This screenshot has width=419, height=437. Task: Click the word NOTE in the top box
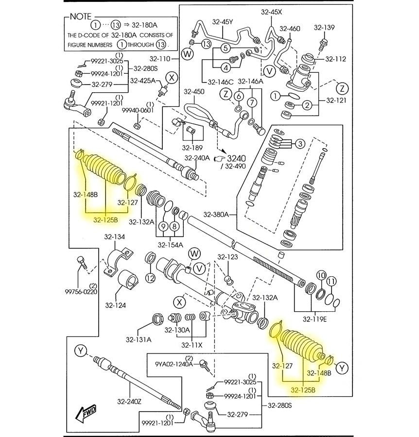tap(80, 16)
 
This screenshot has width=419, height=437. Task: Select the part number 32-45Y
tap(223, 22)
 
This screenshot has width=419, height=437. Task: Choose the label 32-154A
tap(170, 245)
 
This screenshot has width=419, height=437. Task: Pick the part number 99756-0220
tap(81, 292)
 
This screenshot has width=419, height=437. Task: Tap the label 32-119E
tap(315, 319)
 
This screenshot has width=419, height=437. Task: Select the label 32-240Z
tap(129, 401)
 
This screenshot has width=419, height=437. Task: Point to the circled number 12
tap(150, 278)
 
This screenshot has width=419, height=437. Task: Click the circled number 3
tap(300, 144)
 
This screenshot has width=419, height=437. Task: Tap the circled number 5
tap(226, 48)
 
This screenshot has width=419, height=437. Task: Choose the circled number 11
tap(331, 281)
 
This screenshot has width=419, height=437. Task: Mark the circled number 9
tap(163, 227)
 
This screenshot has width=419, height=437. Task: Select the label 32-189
tap(192, 148)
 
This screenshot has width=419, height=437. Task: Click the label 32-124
tap(115, 305)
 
